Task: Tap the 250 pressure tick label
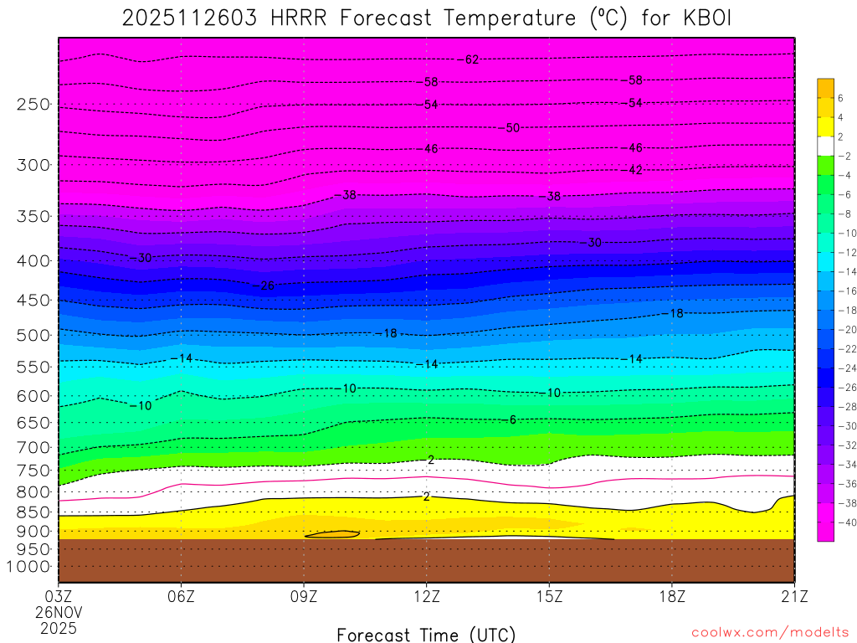coord(33,104)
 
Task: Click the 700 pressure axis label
coord(33,445)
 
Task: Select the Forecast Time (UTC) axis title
coord(426,634)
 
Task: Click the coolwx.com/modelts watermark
coord(770,633)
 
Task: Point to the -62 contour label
coord(470,59)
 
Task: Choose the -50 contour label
coord(511,128)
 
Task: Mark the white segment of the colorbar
coord(825,146)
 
